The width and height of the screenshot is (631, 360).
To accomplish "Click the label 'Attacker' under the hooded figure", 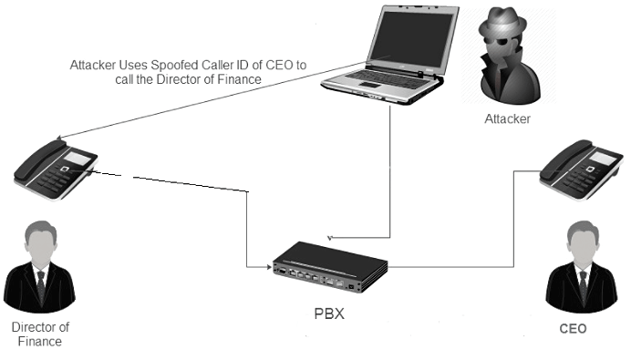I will point(508,119).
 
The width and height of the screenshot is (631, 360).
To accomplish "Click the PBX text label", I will point(329,314).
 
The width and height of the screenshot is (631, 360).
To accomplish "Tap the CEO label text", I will point(574,329).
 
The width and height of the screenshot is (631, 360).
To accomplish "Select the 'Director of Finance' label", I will point(40,334).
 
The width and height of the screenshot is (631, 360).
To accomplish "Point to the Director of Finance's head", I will point(39,244).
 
